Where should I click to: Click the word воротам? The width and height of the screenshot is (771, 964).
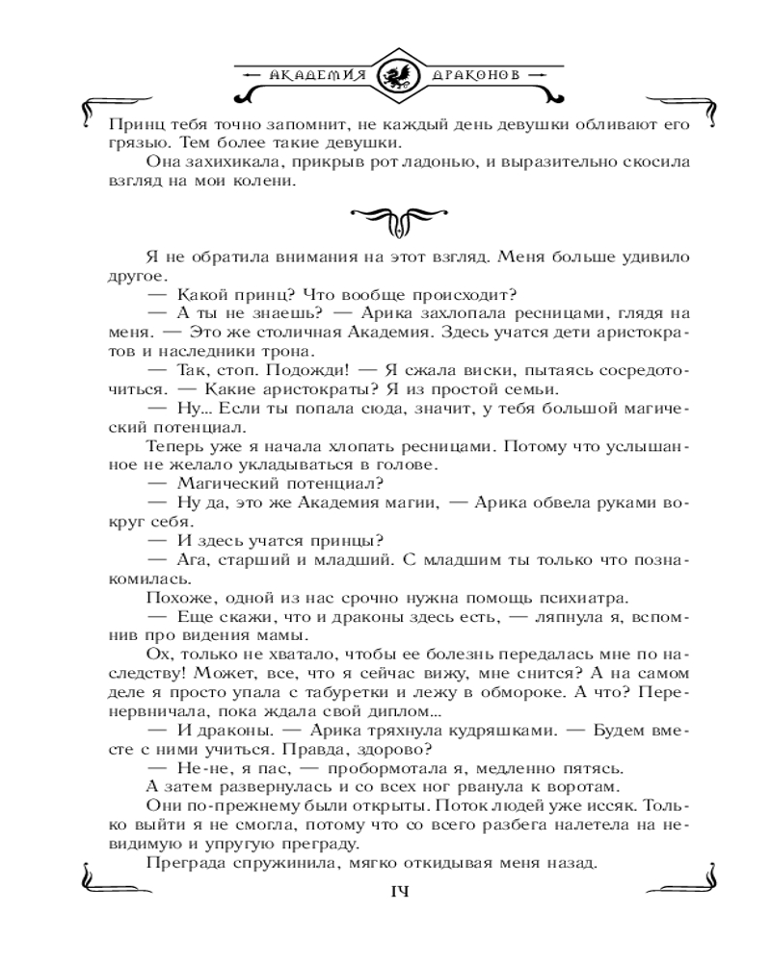[567, 787]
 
